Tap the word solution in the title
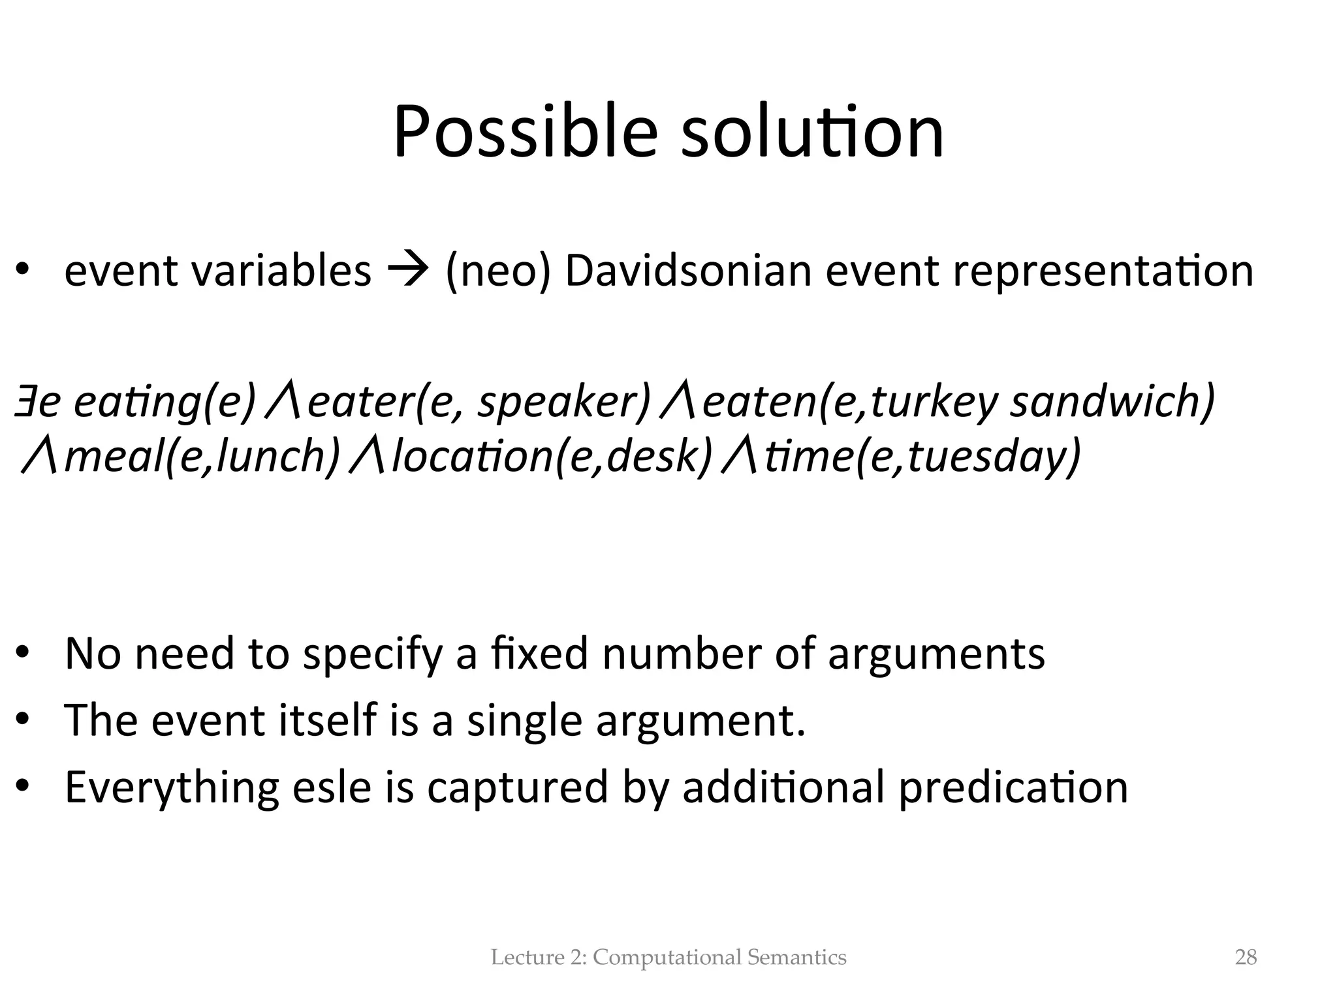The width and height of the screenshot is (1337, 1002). (812, 134)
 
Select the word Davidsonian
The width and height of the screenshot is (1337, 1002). (688, 270)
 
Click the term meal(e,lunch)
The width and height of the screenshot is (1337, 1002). (202, 457)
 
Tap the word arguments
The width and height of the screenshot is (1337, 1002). (936, 654)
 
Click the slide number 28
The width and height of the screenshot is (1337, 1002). (1246, 957)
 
